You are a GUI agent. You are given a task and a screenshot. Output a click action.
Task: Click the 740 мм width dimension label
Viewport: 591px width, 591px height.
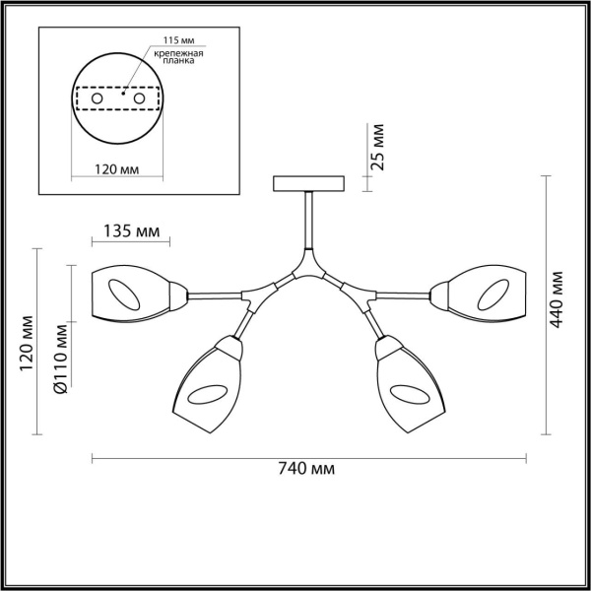[x=308, y=471]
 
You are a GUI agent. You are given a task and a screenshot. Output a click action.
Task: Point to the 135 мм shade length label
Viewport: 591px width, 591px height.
[x=131, y=233]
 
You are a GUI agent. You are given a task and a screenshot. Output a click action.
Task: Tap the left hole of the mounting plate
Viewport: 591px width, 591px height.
[x=98, y=100]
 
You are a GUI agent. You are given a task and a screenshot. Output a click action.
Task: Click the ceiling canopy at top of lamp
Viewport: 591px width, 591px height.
[x=308, y=184]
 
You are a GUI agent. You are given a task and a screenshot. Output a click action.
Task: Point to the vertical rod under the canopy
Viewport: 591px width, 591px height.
[x=309, y=222]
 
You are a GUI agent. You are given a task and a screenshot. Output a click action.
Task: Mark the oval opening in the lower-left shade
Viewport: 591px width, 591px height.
[x=206, y=395]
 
